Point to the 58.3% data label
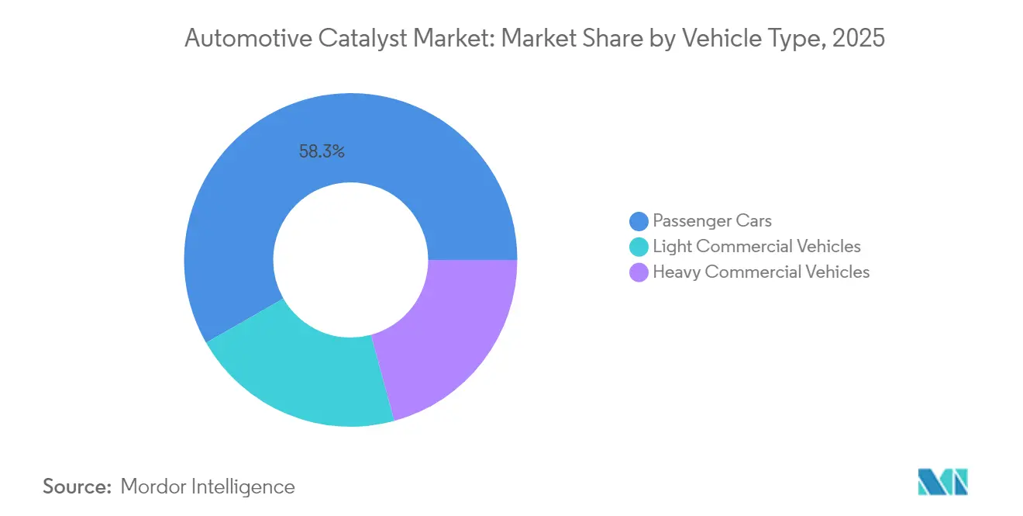[322, 152]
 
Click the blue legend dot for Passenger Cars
[639, 222]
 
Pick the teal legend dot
[639, 247]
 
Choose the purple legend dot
[639, 272]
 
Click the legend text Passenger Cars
[712, 221]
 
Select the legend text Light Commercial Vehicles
[756, 247]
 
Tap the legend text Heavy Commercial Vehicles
[761, 272]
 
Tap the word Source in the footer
[77, 487]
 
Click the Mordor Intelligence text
[208, 487]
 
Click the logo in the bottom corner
[942, 482]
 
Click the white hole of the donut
[351, 260]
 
